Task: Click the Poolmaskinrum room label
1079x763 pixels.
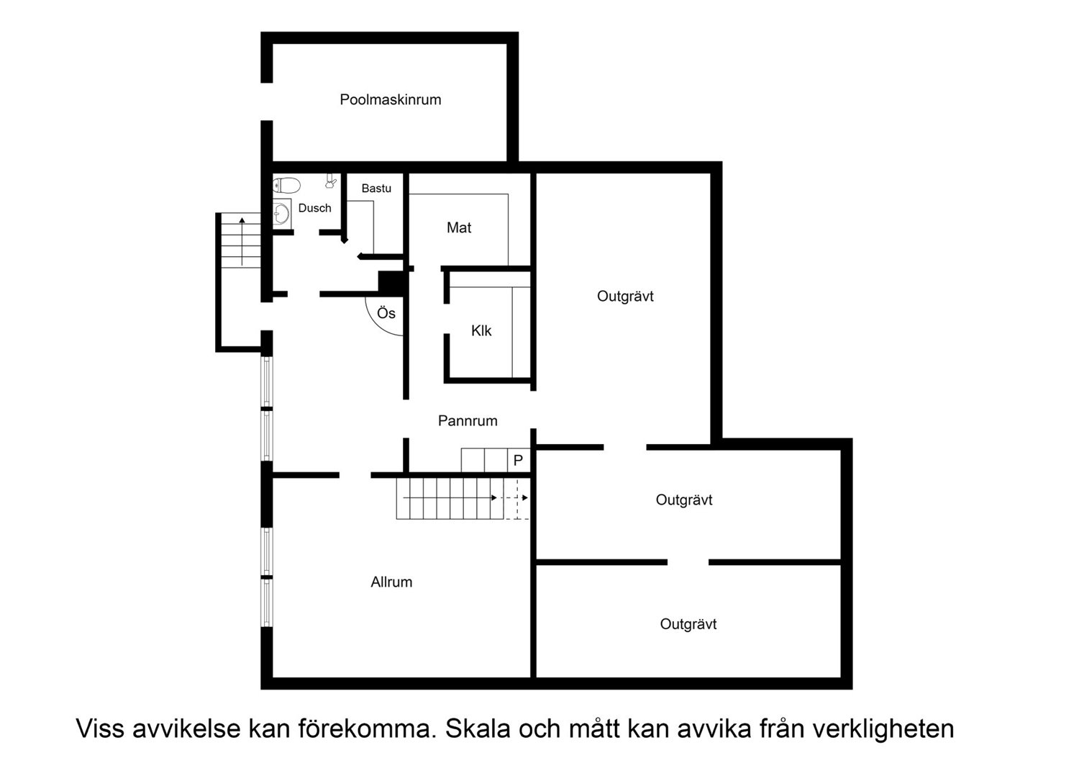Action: pyautogui.click(x=390, y=99)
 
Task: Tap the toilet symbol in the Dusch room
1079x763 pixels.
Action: pyautogui.click(x=286, y=185)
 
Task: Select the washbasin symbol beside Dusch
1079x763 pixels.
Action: pyautogui.click(x=281, y=214)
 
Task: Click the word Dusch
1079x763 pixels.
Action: pyautogui.click(x=315, y=208)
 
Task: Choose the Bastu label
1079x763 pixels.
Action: pyautogui.click(x=376, y=189)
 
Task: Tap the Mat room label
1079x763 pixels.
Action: pyautogui.click(x=459, y=227)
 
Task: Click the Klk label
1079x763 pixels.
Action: pyautogui.click(x=481, y=330)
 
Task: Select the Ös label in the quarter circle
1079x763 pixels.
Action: pyautogui.click(x=386, y=313)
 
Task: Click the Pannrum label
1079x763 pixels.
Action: pyautogui.click(x=468, y=421)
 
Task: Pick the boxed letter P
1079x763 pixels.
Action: pyautogui.click(x=518, y=460)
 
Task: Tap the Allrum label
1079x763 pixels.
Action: pyautogui.click(x=391, y=582)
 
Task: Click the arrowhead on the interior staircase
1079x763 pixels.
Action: pyautogui.click(x=494, y=497)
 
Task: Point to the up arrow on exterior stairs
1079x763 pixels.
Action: pyautogui.click(x=242, y=220)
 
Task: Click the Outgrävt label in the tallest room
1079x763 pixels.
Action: pyautogui.click(x=625, y=296)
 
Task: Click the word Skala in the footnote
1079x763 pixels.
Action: pyautogui.click(x=478, y=728)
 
